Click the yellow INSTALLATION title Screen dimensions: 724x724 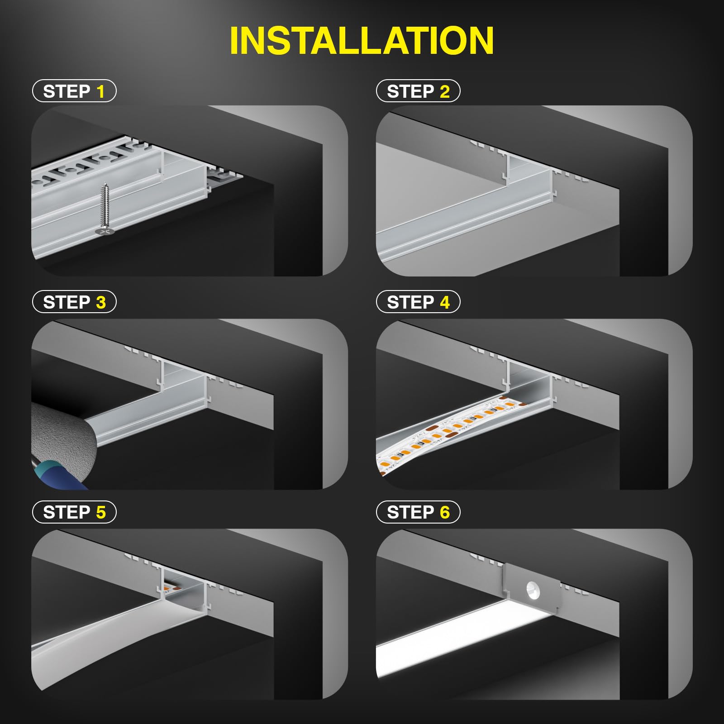(x=362, y=41)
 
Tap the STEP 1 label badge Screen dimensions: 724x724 (x=74, y=91)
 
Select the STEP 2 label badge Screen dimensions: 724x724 (x=418, y=91)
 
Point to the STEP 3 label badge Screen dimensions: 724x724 (x=74, y=302)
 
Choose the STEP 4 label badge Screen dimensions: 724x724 (x=418, y=302)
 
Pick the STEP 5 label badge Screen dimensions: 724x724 (x=74, y=512)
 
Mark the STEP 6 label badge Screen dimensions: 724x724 (x=418, y=512)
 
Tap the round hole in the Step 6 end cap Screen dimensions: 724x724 (x=531, y=589)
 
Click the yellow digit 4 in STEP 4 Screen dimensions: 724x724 (x=445, y=302)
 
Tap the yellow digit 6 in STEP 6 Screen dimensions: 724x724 (x=445, y=512)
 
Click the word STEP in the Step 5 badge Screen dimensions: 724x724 (x=66, y=512)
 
